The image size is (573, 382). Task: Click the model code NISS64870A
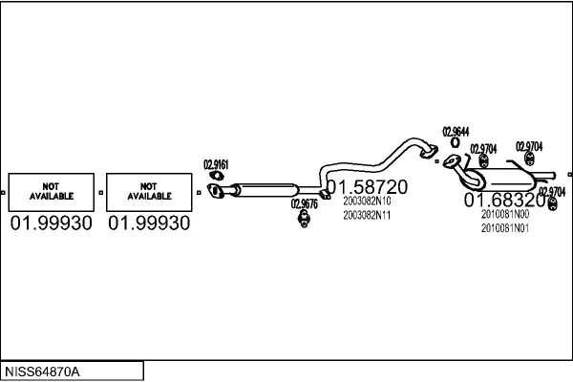coord(43,371)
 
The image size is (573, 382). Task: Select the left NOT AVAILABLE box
coord(52,191)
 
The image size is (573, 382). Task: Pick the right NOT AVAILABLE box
coord(148,191)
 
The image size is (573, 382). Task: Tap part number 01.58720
coord(368,186)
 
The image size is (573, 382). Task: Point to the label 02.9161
coord(216,165)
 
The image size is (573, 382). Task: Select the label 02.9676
coord(305,203)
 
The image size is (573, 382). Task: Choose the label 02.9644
coord(456,132)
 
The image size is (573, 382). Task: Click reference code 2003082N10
coord(367,202)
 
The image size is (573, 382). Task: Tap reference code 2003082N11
coord(367,216)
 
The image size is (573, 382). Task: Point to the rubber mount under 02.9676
coord(305,223)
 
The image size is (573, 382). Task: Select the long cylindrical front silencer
coord(263,189)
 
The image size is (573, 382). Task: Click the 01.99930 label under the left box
coord(52,223)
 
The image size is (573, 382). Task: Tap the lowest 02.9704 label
coord(552,191)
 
